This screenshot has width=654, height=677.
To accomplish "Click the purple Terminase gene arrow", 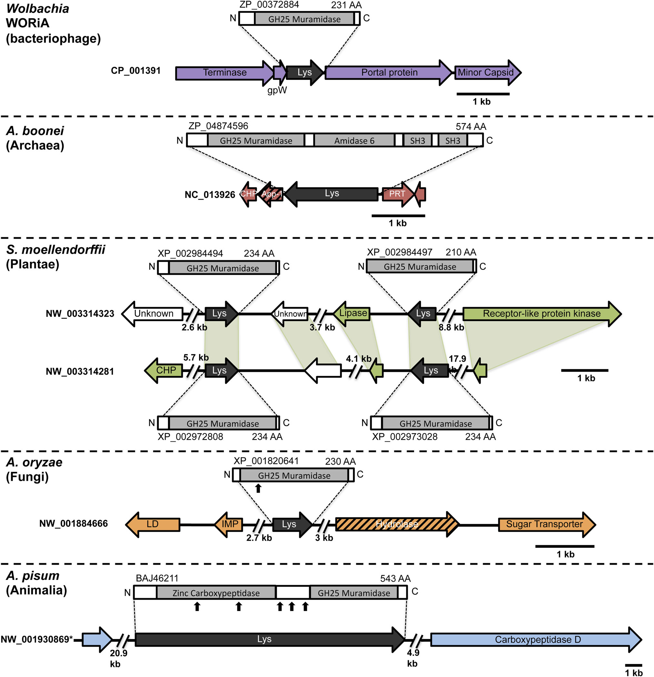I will tap(224, 73).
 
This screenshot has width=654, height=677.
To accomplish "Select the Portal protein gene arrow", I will tap(389, 73).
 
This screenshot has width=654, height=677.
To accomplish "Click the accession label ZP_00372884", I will tap(269, 5).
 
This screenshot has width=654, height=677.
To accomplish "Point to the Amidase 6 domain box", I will tap(354, 141).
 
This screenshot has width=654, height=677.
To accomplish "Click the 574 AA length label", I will tap(471, 127).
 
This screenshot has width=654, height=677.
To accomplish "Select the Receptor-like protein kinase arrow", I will tap(541, 314).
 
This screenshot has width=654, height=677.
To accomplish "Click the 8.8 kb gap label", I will tap(451, 328).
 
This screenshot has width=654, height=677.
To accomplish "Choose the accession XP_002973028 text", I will tap(405, 437).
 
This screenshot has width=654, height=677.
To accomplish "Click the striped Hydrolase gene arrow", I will tap(397, 524).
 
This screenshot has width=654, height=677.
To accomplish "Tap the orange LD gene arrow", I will tap(153, 524).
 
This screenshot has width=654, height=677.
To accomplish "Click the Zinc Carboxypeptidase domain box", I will tap(216, 593).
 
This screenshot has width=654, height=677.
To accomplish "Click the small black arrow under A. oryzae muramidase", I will tap(258, 488).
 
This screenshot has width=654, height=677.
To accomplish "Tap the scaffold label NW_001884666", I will tap(73, 524).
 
